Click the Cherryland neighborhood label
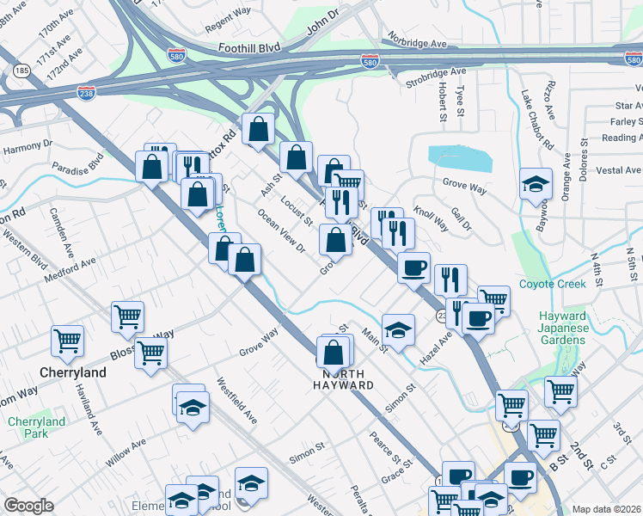(75, 373)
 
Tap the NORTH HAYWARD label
(348, 380)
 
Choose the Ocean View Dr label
(282, 231)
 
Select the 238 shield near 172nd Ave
(86, 91)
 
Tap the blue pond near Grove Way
(459, 159)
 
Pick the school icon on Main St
(398, 329)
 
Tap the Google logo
(28, 506)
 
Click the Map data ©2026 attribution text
(606, 508)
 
